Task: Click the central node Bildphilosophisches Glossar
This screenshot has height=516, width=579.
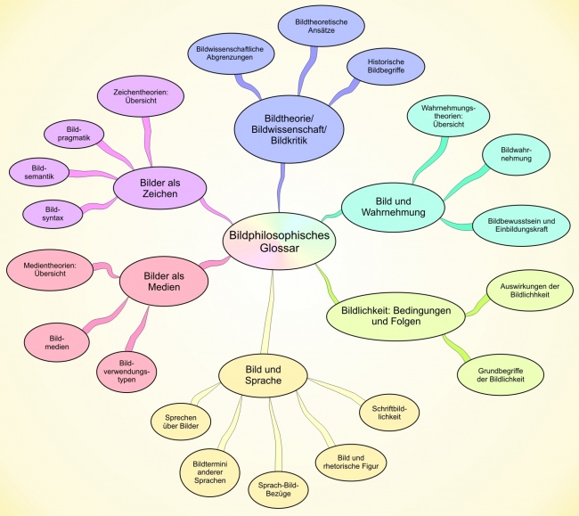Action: click(x=279, y=242)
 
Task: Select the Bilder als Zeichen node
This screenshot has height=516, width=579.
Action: click(x=159, y=188)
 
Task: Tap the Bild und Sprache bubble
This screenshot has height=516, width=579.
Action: click(x=263, y=375)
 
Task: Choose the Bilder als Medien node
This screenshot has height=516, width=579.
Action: click(x=164, y=282)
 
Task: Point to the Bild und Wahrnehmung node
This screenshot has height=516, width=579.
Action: click(x=393, y=207)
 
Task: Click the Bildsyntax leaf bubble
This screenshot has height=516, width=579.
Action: click(x=53, y=214)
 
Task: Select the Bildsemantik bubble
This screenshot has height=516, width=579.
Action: click(x=39, y=173)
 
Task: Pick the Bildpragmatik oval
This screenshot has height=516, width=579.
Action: click(x=74, y=134)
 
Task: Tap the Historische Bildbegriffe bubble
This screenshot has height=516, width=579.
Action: click(x=386, y=66)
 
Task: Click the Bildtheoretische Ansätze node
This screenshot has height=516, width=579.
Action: click(x=322, y=26)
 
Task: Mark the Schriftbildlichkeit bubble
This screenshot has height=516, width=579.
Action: click(x=389, y=413)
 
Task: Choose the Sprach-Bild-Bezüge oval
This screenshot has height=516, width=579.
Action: click(x=278, y=489)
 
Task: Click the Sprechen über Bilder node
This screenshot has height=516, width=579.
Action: click(x=181, y=422)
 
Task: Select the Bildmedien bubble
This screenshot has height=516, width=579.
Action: click(x=57, y=342)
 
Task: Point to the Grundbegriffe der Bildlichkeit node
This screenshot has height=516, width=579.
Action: click(x=501, y=375)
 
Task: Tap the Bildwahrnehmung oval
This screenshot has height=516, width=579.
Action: click(x=517, y=154)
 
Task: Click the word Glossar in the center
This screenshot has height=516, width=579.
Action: click(x=279, y=249)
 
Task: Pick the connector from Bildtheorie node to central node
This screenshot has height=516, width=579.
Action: click(x=281, y=188)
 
